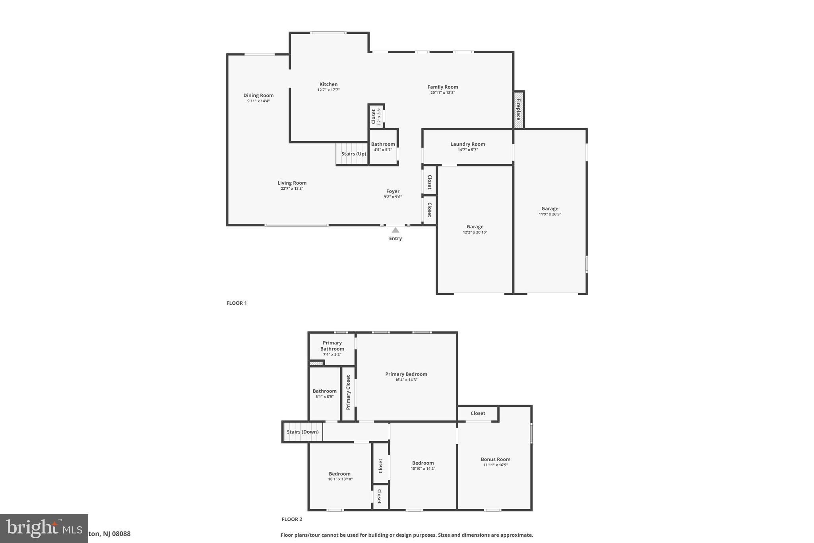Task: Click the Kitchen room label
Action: tap(328, 84)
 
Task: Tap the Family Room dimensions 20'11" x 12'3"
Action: tap(442, 93)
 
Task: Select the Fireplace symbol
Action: tap(518, 110)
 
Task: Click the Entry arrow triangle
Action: tap(395, 230)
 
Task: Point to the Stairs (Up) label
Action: tap(353, 154)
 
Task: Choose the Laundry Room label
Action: tap(467, 144)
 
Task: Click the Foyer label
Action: tap(393, 191)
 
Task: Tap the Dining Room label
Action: tap(258, 95)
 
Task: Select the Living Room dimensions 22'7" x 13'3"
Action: tap(292, 189)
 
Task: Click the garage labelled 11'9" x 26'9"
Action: tap(550, 211)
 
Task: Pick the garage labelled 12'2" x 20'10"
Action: tap(475, 229)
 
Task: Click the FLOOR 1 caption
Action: tap(236, 303)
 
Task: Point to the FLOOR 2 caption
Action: tap(292, 519)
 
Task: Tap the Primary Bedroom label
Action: tap(406, 374)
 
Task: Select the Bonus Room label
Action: tap(495, 459)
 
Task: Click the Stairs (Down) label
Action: tap(302, 432)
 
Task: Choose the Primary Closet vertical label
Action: tap(348, 393)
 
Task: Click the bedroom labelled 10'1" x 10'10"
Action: tap(340, 476)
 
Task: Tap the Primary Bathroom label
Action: tap(332, 346)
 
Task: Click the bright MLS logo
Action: tap(44, 528)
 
